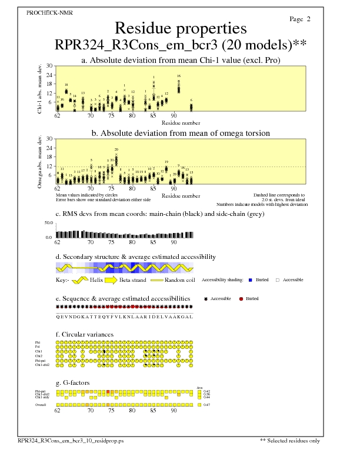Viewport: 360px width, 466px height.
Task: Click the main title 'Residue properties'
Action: (x=180, y=28)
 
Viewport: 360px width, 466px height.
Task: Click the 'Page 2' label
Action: (x=300, y=19)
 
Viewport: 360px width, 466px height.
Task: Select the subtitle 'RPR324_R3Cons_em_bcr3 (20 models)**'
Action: (x=180, y=45)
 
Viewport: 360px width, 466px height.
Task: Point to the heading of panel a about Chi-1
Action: (x=180, y=60)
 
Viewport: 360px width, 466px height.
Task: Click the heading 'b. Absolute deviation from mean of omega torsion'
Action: (x=180, y=133)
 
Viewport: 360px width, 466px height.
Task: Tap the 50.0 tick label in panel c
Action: (x=49, y=223)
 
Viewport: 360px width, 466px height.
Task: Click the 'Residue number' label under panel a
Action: (x=181, y=123)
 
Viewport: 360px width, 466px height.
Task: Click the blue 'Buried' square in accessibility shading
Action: (x=268, y=280)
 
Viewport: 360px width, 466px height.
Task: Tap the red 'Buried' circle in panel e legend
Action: (x=241, y=299)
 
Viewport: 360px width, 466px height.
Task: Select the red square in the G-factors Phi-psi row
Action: (x=108, y=391)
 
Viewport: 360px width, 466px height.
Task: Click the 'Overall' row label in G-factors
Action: (x=42, y=405)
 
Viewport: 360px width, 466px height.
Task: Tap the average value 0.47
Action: (x=206, y=405)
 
